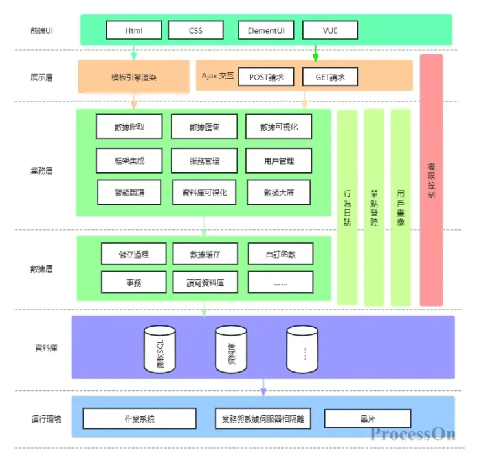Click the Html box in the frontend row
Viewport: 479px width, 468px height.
tap(134, 30)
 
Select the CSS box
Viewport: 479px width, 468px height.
tap(195, 30)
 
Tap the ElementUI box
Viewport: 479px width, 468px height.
tap(266, 30)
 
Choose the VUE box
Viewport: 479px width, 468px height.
tap(329, 30)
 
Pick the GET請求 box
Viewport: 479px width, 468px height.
tap(330, 77)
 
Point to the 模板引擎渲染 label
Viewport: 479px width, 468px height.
tap(134, 77)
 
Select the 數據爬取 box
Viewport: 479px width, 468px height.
tap(129, 127)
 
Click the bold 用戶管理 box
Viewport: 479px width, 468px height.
tap(279, 160)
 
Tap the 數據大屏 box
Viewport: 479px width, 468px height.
tap(279, 193)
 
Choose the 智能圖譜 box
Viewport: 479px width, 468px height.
tap(129, 193)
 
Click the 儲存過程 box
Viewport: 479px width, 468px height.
tap(134, 254)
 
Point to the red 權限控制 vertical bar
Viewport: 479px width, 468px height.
tap(431, 180)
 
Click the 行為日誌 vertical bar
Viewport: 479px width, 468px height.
tap(348, 207)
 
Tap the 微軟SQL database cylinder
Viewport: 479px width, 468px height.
tap(159, 349)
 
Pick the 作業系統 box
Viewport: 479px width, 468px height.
tap(140, 419)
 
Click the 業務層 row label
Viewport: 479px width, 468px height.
tap(41, 171)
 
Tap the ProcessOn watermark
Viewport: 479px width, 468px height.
tap(412, 434)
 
